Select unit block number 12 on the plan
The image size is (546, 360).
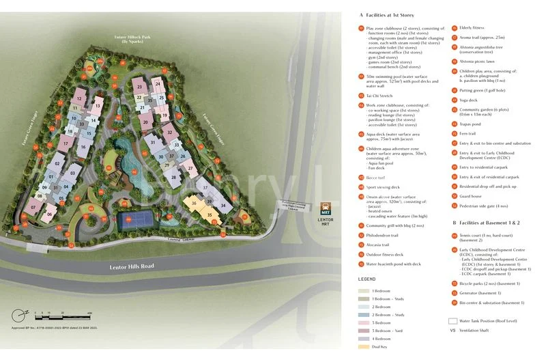80,99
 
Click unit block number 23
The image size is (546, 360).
139,87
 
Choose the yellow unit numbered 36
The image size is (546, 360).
194,203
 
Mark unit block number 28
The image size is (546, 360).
173,178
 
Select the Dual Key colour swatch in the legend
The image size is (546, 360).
363,347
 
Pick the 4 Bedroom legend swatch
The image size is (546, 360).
363,339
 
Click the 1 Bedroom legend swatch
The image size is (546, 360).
363,291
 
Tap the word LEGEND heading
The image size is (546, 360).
367,279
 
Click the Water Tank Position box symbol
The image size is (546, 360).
452,320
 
